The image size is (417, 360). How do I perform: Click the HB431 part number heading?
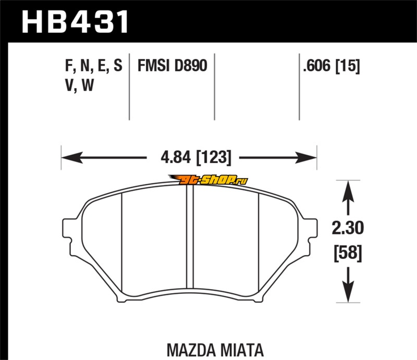76,22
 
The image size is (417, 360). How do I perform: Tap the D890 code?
190,66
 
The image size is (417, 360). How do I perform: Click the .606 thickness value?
316,66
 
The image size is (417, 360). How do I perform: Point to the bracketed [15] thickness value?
348,66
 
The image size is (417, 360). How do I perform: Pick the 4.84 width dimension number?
176,157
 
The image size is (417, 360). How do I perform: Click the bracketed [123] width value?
214,157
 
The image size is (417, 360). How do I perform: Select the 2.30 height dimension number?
348,228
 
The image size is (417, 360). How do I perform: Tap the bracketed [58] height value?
348,253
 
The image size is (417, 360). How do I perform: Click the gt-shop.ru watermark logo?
208,180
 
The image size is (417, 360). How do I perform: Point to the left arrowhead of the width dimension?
72,158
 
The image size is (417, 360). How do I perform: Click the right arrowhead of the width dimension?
306,158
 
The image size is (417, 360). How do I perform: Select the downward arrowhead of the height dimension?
348,292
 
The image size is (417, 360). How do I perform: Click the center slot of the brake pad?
190,237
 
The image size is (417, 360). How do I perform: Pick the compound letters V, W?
80,85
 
